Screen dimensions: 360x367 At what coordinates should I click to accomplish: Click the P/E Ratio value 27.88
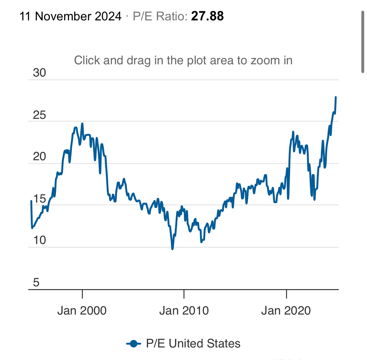coord(207,16)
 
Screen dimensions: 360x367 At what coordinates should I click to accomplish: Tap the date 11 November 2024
coord(71,16)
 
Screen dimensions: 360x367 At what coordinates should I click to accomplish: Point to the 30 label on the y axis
coord(40,73)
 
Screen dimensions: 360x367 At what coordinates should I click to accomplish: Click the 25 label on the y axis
coord(40,115)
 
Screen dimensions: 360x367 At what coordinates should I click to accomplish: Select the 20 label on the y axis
coord(40,156)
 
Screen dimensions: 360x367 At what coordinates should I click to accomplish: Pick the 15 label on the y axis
coord(40,199)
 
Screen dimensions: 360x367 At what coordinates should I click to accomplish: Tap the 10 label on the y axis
coord(40,240)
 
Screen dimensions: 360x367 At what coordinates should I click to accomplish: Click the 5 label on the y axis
coord(36,283)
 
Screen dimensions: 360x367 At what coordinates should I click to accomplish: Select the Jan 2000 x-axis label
coord(82,310)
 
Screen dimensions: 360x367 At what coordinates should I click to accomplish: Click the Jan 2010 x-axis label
coord(184,310)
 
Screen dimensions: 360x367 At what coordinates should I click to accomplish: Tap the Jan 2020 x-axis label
coord(286,310)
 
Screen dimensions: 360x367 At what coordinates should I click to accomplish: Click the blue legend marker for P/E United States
coord(134,344)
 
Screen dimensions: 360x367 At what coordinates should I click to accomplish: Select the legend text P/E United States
coord(193,344)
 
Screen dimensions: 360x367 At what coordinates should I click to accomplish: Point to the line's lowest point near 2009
coord(173,249)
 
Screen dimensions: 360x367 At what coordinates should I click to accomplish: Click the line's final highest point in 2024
coord(336,97)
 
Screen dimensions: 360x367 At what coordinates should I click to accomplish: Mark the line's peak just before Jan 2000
coord(82,124)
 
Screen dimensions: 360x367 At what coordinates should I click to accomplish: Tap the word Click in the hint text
coord(87,60)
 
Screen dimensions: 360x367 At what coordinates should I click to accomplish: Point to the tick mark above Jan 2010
coord(184,294)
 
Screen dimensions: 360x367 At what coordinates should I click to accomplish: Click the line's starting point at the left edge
coord(31,201)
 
